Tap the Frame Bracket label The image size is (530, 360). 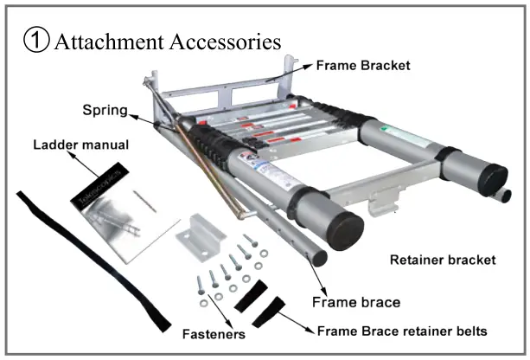pos(363,65)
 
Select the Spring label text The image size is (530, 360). pos(105,111)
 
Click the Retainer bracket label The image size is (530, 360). pos(444,259)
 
